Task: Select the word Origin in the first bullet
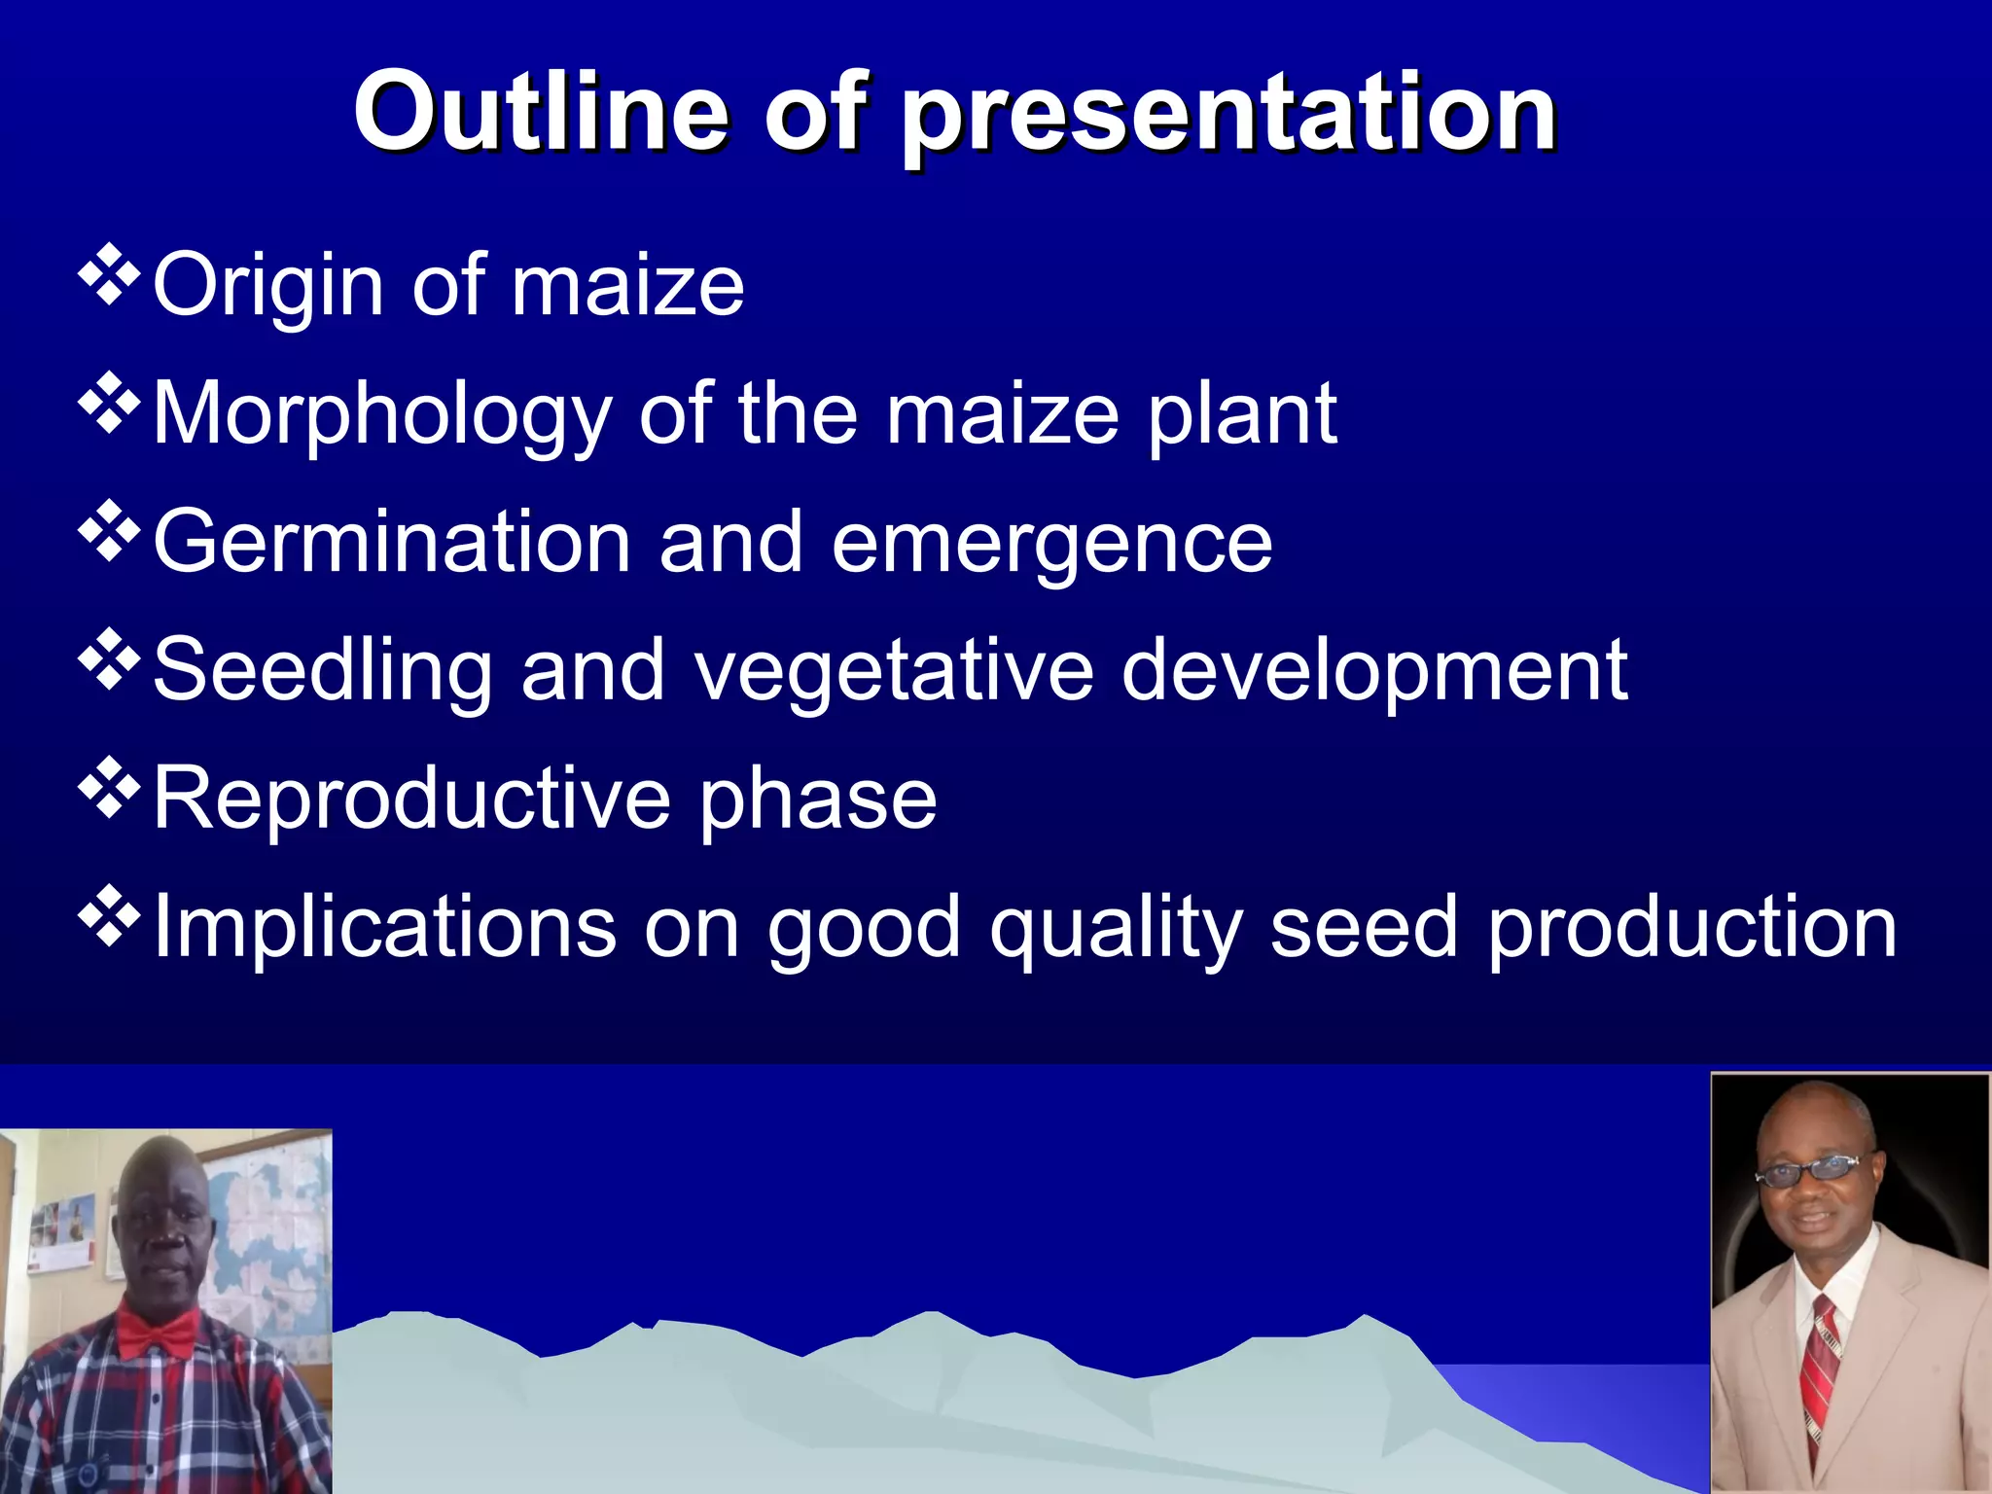coord(269,287)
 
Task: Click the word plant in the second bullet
coord(1242,416)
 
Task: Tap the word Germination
coord(392,542)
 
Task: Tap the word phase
coord(817,802)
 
